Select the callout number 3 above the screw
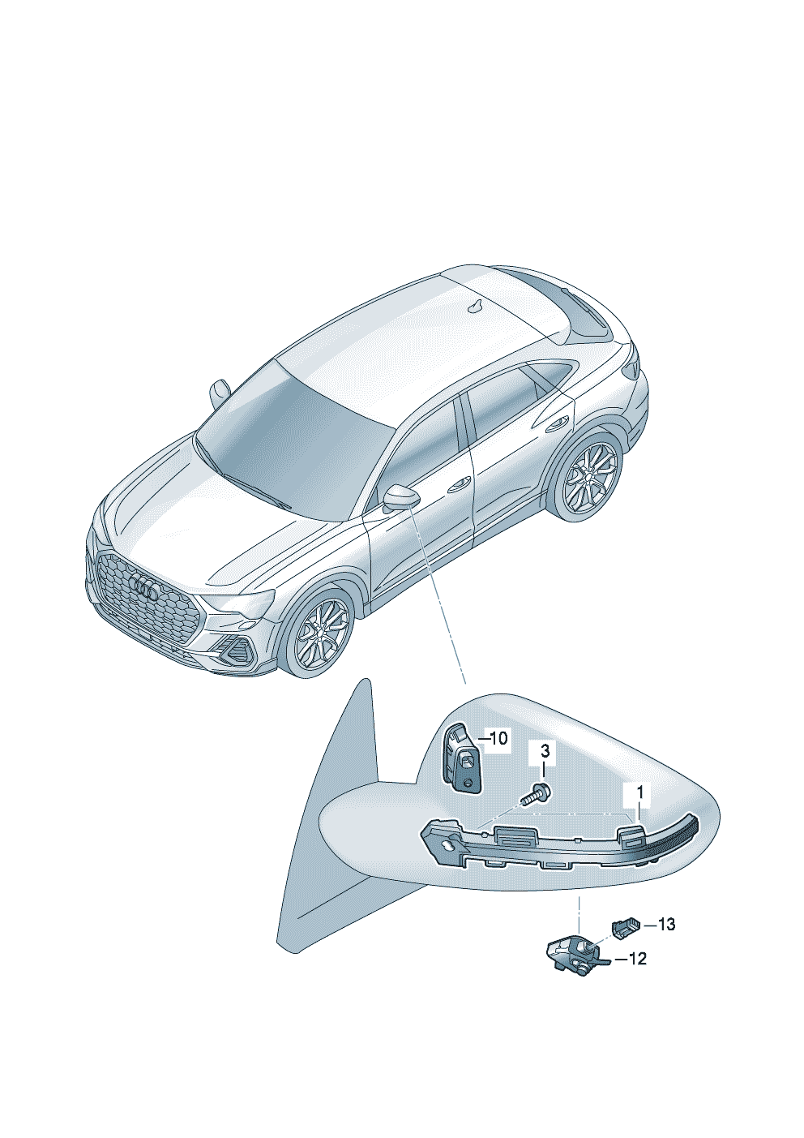tap(545, 766)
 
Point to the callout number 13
tap(666, 925)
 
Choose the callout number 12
tap(637, 960)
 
